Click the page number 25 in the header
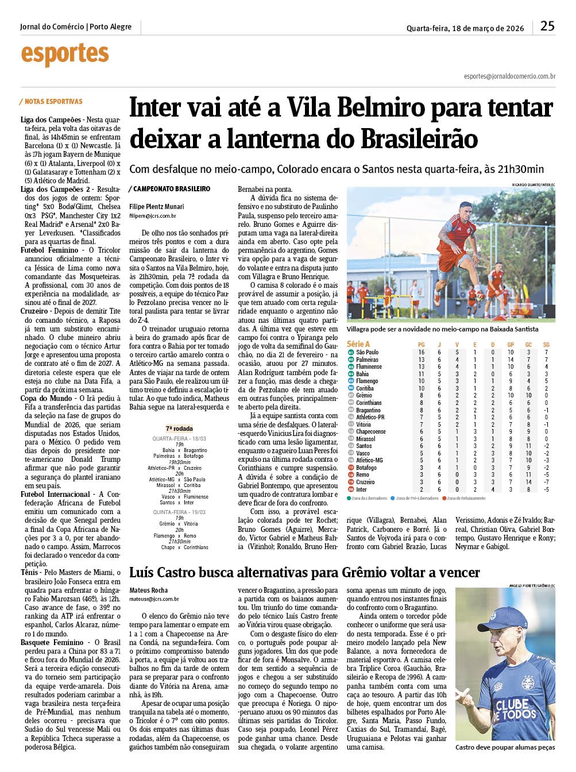pyautogui.click(x=547, y=26)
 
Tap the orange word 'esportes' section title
pyautogui.click(x=64, y=55)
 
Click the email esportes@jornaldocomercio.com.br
pyautogui.click(x=509, y=76)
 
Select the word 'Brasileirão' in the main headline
pyautogui.click(x=419, y=138)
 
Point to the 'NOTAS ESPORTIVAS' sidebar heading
pyautogui.click(x=53, y=102)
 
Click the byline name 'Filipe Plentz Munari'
pyautogui.click(x=157, y=207)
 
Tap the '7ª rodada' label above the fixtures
pyautogui.click(x=179, y=429)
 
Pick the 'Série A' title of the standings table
pyautogui.click(x=359, y=344)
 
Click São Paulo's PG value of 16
pyautogui.click(x=421, y=352)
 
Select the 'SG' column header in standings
pyautogui.click(x=546, y=345)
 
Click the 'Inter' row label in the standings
pyautogui.click(x=361, y=489)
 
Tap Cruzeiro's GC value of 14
pyautogui.click(x=528, y=482)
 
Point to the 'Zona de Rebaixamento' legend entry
pyautogui.click(x=466, y=498)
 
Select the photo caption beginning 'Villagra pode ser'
pyautogui.click(x=443, y=329)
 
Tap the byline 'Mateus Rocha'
pyautogui.click(x=149, y=590)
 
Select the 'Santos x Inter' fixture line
pyautogui.click(x=176, y=503)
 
